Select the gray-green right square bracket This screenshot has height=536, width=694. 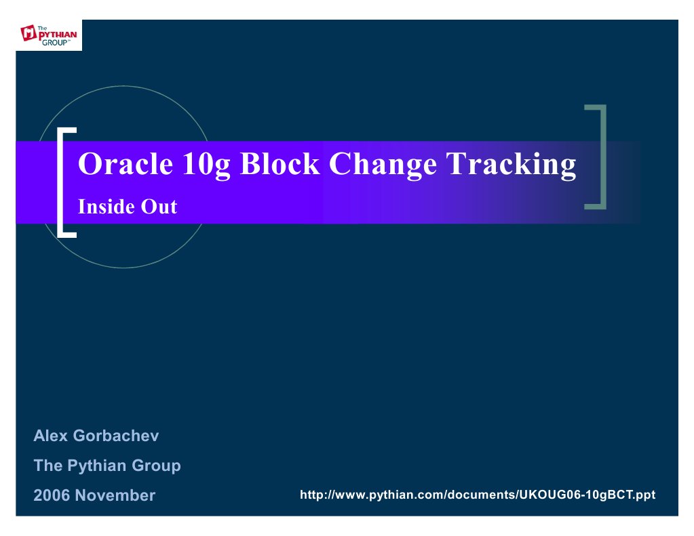pyautogui.click(x=598, y=157)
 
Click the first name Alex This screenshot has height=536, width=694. pyautogui.click(x=51, y=436)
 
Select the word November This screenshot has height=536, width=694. pyautogui.click(x=115, y=495)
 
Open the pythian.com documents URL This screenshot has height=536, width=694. pyautogui.click(x=477, y=495)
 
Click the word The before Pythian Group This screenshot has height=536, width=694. pyautogui.click(x=47, y=466)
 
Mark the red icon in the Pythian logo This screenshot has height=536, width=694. pyautogui.click(x=29, y=33)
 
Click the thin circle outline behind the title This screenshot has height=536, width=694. pyautogui.click(x=122, y=87)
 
